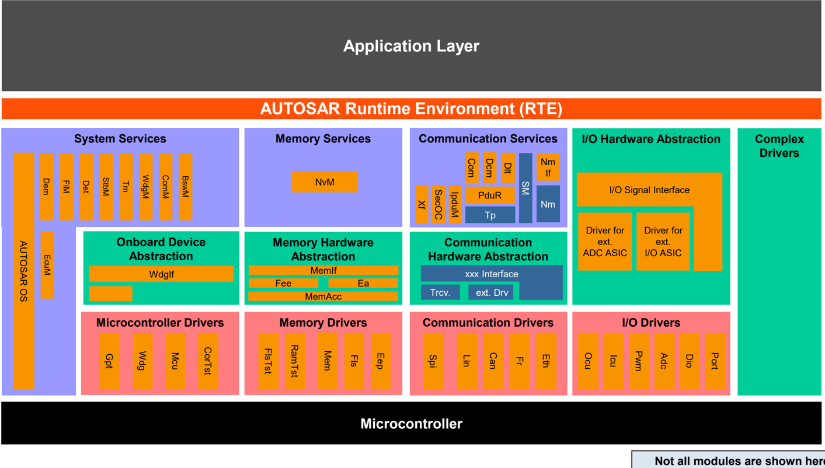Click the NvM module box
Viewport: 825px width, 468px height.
click(x=325, y=182)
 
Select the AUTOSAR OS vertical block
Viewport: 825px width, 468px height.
click(x=24, y=271)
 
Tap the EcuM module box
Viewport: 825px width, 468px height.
click(x=47, y=265)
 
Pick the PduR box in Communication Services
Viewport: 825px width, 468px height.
click(x=489, y=195)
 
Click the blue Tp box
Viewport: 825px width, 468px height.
click(x=490, y=215)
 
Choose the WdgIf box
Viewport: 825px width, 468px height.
click(x=161, y=274)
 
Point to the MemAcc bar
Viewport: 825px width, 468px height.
click(x=323, y=296)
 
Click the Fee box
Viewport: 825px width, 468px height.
click(x=283, y=283)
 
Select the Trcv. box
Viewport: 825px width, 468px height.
click(x=440, y=292)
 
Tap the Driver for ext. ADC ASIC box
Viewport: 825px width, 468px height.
click(x=605, y=242)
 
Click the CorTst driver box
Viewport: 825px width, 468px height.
click(x=208, y=361)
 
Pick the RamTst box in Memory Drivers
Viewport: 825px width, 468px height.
click(x=295, y=361)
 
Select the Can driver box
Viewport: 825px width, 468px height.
click(x=493, y=361)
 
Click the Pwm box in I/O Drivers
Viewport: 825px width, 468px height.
click(x=639, y=361)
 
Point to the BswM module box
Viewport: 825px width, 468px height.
click(x=185, y=187)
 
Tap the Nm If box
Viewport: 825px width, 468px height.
click(x=548, y=167)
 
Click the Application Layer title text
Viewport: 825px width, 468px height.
click(x=411, y=46)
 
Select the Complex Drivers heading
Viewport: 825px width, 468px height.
click(x=779, y=146)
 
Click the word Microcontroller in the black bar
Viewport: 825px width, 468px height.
click(x=411, y=424)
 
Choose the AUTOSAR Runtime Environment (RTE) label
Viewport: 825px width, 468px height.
click(x=411, y=109)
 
